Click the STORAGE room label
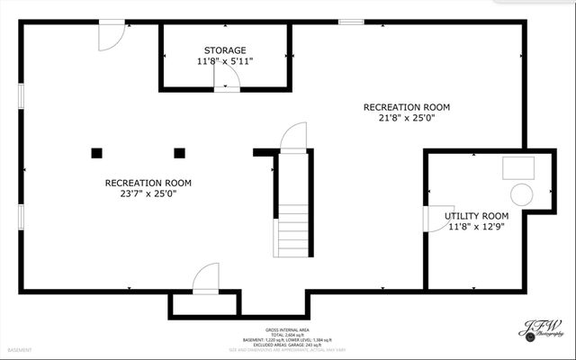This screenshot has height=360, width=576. pos(225,50)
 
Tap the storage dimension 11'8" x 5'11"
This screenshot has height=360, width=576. pos(225,61)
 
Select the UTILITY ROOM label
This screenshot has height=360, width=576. pos(477,216)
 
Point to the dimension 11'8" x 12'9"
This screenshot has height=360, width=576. pos(477,227)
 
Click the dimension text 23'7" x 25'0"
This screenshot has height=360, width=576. pos(148,193)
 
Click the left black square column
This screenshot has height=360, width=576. pos(95,152)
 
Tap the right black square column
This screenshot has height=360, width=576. pos(179,152)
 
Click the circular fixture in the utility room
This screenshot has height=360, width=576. pos(521,194)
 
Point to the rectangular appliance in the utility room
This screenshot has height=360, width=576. pos(517,166)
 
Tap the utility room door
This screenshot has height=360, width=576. pos(433,219)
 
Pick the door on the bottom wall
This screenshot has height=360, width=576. pos(207,277)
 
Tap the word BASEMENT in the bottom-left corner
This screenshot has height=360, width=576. pos(20,349)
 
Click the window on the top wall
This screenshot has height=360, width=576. pos(352,22)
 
